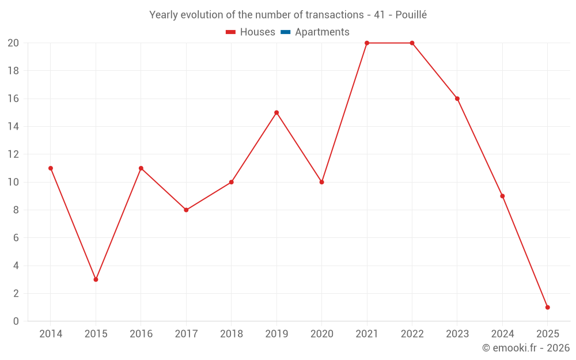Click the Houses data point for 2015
point(96,279)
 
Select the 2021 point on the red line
point(367,43)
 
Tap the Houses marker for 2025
point(547,307)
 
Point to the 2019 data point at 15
point(276,112)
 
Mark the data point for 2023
point(457,98)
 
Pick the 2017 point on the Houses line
point(186,210)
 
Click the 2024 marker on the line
point(502,196)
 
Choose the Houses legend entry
point(257,32)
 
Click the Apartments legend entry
point(322,32)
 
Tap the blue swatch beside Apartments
point(286,32)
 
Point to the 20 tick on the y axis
point(13,43)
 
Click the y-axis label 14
point(13,127)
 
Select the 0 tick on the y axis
point(16,321)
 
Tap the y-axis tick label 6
point(16,237)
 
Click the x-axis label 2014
point(51,334)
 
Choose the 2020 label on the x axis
point(321,334)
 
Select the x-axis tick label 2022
point(412,334)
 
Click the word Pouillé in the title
point(411,15)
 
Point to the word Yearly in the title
point(164,15)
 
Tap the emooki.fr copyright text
point(526,348)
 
